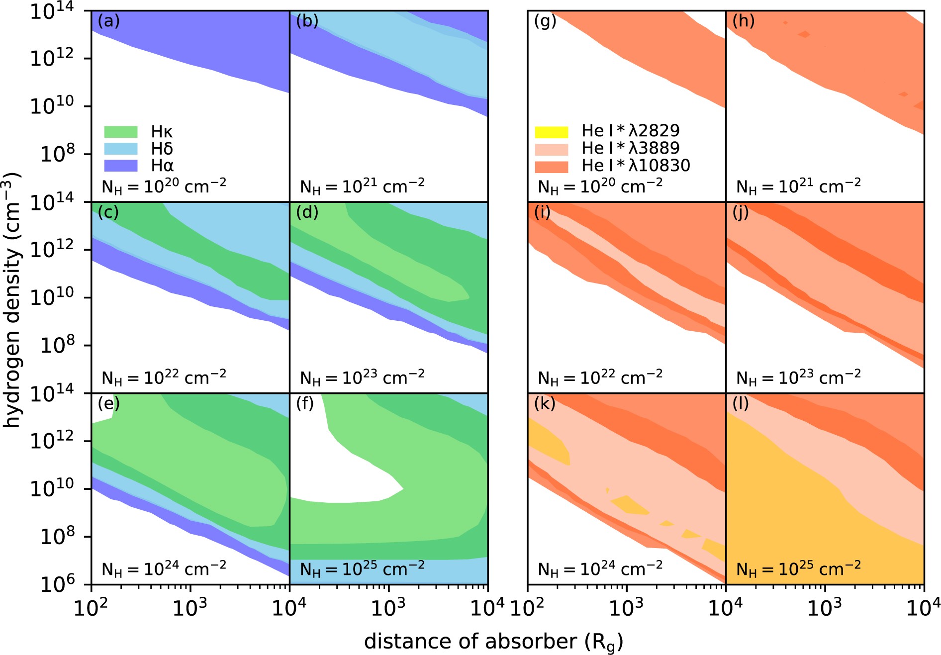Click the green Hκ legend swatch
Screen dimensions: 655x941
120,132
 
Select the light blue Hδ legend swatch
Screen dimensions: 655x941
120,149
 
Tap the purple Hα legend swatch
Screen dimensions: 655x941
120,165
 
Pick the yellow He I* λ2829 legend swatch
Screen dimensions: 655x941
551,132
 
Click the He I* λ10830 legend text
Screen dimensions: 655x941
636,166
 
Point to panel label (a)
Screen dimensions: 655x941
108,21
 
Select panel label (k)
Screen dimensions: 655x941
545,404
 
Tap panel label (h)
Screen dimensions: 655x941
743,21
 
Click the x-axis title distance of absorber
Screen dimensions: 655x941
493,642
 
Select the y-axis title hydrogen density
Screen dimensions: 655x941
12,300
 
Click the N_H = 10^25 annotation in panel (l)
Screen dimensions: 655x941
798,568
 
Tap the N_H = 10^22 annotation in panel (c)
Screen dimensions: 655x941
164,377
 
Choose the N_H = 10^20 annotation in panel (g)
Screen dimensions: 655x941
600,187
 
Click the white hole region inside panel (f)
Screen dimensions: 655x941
348,477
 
